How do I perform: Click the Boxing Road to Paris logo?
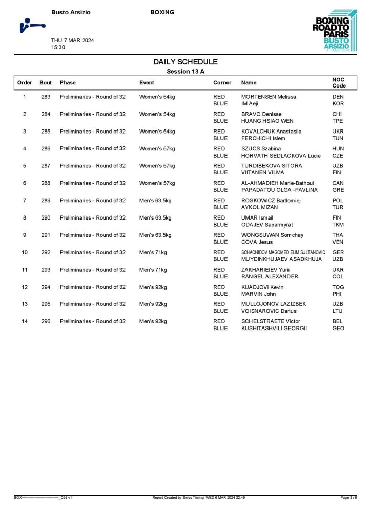[x=332, y=31]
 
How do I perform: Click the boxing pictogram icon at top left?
[x=31, y=25]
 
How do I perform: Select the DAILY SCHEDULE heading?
[x=186, y=62]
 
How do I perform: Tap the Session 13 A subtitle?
[x=186, y=72]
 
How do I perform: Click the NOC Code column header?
[x=339, y=83]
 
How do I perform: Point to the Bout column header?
[x=46, y=83]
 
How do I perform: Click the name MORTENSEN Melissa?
[x=269, y=97]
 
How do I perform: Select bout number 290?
[x=46, y=217]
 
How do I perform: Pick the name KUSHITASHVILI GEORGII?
[x=274, y=329]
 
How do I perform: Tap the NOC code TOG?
[x=338, y=287]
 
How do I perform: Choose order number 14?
[x=25, y=321]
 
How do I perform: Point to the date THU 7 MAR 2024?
[x=72, y=40]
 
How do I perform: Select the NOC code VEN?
[x=338, y=242]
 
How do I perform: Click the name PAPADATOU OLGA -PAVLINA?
[x=279, y=190]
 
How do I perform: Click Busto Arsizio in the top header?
[x=71, y=12]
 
